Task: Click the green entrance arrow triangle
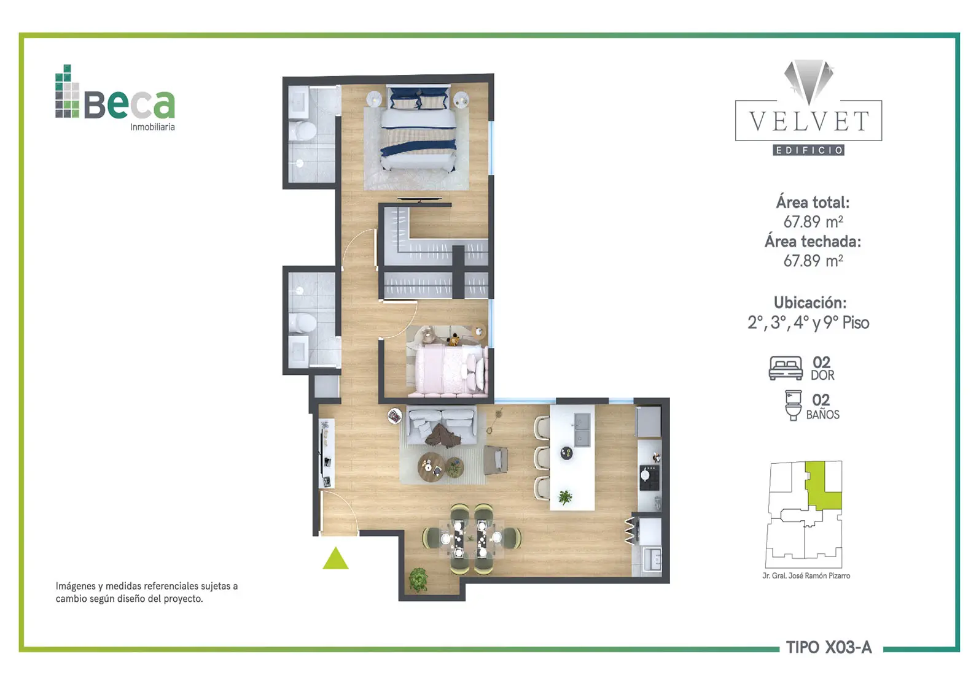[336, 559]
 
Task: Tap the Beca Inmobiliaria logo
[115, 98]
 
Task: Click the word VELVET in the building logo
[808, 121]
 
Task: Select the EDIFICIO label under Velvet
[808, 150]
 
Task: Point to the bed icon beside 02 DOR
[786, 368]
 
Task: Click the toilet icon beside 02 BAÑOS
[793, 405]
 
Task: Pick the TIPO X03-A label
[829, 647]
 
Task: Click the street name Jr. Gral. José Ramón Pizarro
[806, 576]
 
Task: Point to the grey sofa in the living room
[442, 426]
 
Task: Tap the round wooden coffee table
[431, 467]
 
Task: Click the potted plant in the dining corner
[418, 580]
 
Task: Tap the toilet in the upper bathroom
[302, 131]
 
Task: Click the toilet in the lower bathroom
[302, 323]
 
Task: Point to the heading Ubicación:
[810, 302]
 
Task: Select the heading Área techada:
[813, 241]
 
